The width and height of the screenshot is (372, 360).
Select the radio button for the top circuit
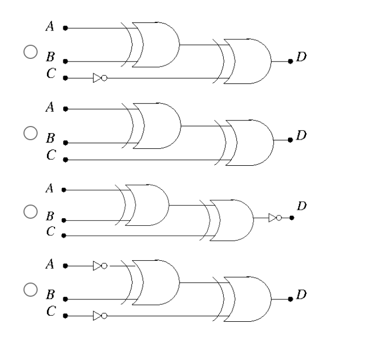tap(29, 52)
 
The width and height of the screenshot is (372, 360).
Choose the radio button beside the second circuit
tap(29, 133)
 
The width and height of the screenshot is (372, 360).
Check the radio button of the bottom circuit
tap(29, 290)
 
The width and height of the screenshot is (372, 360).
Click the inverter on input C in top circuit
tap(99, 78)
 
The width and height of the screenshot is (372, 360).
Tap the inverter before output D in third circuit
tap(275, 218)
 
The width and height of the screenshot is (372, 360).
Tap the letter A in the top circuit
tap(50, 27)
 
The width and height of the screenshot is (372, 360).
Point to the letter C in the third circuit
tap(50, 232)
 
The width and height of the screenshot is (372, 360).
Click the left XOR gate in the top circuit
tap(155, 45)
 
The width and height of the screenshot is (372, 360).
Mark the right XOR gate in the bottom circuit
tap(248, 299)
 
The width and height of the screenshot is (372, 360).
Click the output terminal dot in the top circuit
tap(290, 61)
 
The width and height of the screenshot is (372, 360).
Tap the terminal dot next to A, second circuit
tap(65, 109)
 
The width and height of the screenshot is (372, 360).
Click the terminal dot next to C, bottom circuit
tap(65, 316)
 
